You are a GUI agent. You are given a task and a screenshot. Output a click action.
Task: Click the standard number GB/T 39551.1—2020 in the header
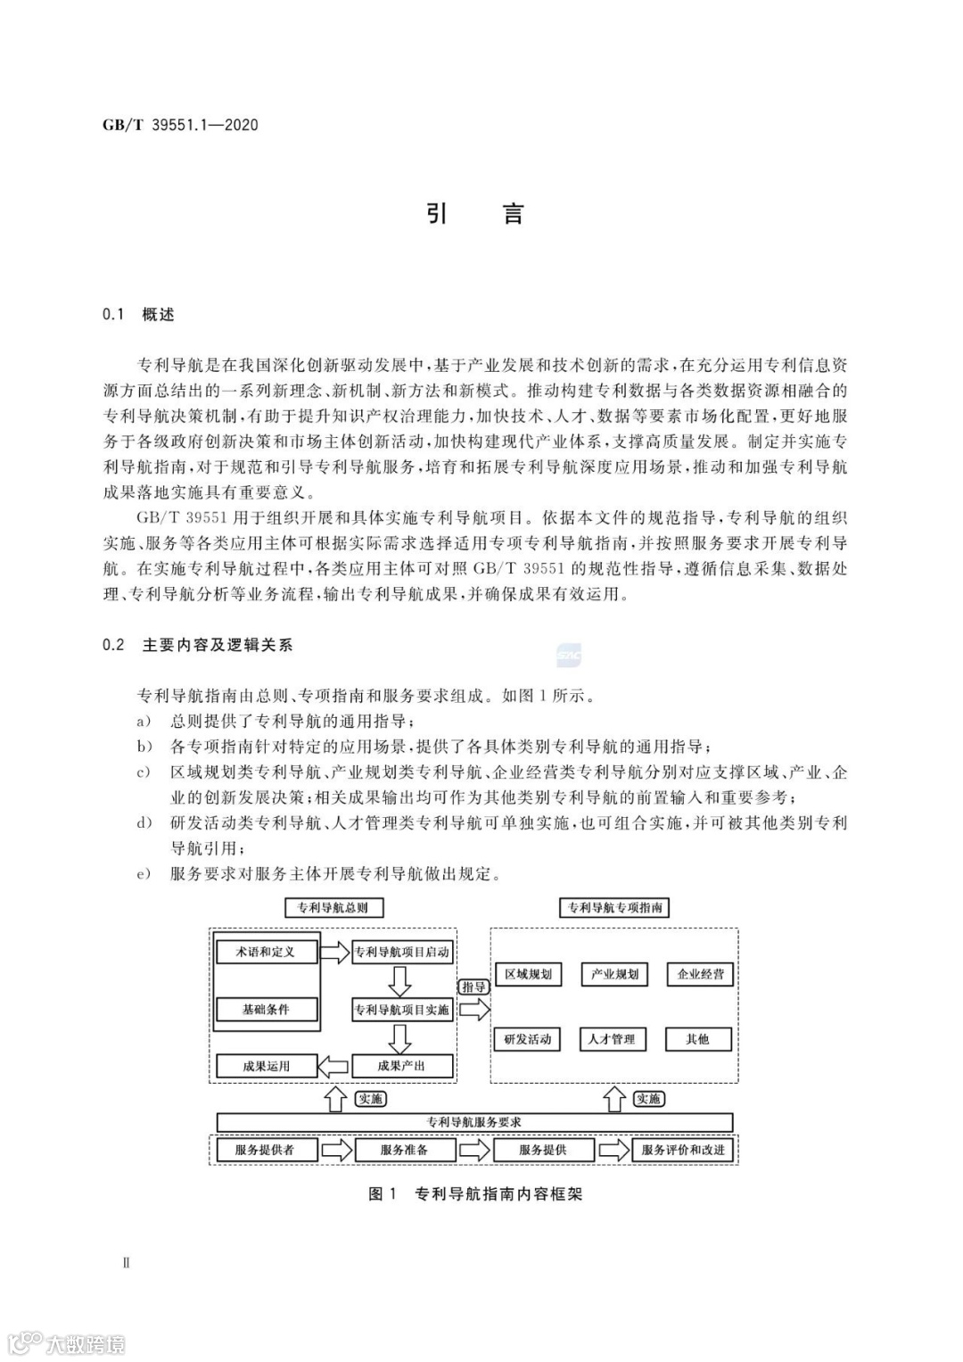tap(180, 125)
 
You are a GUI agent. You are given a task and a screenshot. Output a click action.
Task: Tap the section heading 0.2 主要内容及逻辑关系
tap(198, 645)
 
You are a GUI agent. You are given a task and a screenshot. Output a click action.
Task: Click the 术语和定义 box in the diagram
tap(266, 952)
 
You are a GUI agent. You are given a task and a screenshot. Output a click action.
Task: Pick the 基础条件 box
tap(266, 1010)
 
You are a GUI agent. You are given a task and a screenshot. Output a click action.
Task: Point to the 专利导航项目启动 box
tap(402, 952)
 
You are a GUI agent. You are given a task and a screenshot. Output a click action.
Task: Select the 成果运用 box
tap(266, 1066)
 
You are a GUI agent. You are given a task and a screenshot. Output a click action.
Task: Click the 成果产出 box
tap(402, 1066)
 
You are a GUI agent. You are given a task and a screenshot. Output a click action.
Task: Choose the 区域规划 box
tap(528, 974)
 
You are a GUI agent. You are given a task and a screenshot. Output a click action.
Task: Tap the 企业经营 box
tap(700, 974)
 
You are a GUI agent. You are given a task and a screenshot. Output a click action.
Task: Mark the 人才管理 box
tap(612, 1039)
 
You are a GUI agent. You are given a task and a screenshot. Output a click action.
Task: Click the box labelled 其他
tap(698, 1039)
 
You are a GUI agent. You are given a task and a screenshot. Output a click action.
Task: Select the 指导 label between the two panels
tap(473, 987)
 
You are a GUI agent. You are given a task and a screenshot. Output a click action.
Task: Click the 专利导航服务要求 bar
tap(474, 1122)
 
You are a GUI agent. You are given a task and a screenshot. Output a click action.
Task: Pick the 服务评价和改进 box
tap(683, 1150)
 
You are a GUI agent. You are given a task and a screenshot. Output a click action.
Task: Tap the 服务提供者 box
tap(265, 1150)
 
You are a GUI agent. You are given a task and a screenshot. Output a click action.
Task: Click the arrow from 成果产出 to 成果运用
tap(334, 1066)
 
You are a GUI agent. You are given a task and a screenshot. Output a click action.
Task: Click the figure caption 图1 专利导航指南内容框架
tap(474, 1194)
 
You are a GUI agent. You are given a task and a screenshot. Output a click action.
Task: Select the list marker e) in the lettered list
tap(142, 874)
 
